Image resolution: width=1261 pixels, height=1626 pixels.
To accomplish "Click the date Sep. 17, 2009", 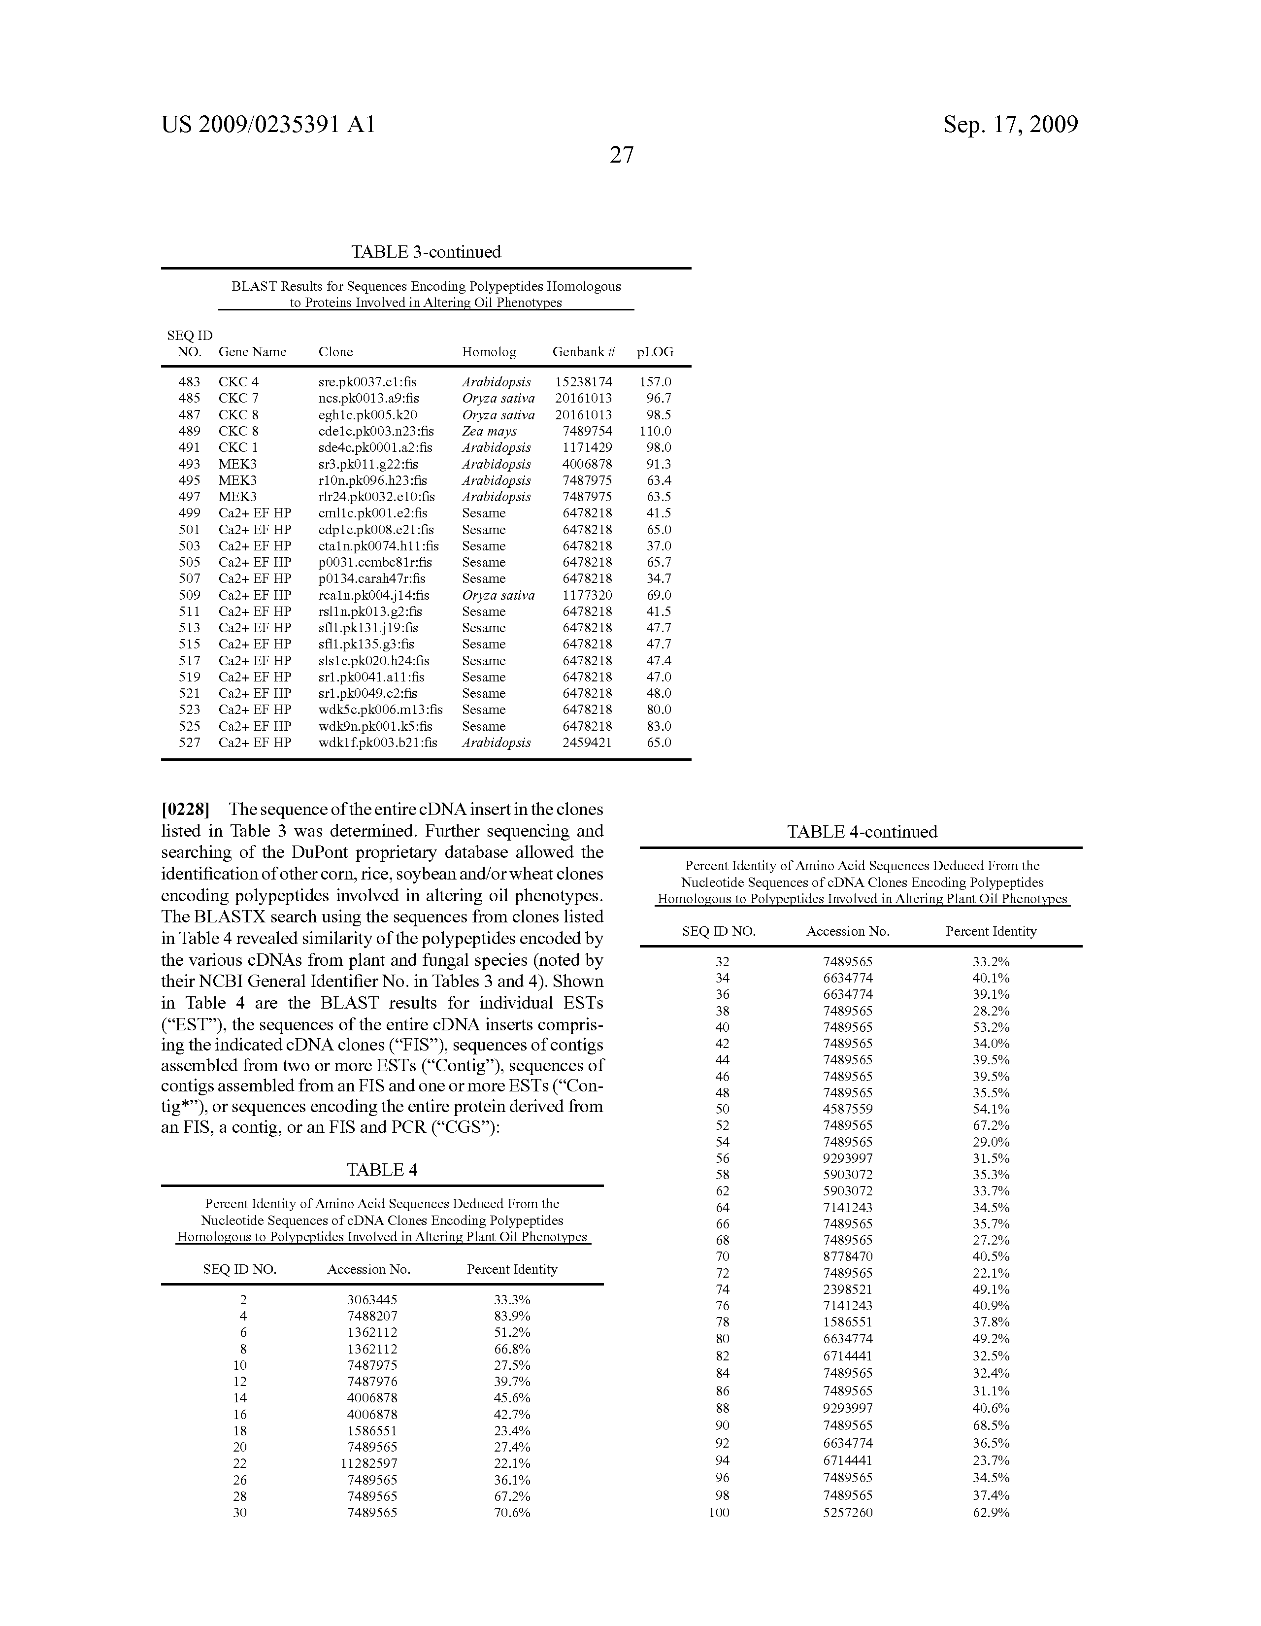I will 1010,124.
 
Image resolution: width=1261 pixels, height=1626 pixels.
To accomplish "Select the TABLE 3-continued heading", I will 426,252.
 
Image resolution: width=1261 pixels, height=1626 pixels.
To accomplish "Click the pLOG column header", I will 655,352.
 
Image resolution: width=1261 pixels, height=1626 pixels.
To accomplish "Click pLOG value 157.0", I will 655,382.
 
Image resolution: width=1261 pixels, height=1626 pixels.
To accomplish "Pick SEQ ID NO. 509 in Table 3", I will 189,595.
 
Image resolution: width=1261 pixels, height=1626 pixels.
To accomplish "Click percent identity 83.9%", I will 512,1316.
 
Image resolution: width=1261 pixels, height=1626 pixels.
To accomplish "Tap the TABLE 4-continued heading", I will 862,832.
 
